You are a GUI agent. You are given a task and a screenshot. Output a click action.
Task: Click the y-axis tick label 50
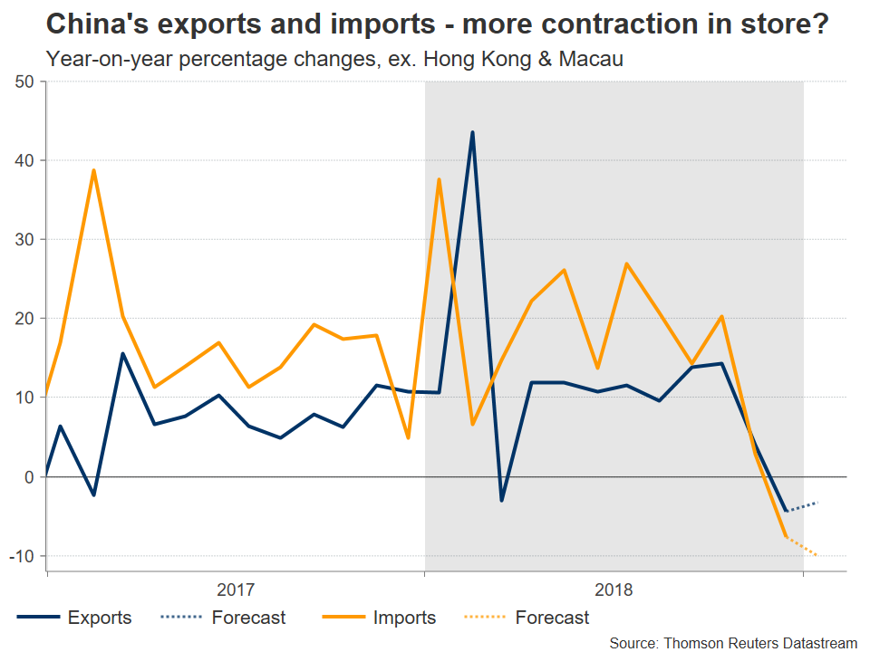[x=24, y=82]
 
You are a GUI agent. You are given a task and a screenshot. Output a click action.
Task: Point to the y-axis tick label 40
[x=24, y=161]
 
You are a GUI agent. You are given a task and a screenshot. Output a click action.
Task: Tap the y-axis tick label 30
[x=24, y=240]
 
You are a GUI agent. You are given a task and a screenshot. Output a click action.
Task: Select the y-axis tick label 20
[x=24, y=319]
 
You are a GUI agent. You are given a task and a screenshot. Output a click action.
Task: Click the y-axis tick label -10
[x=22, y=555]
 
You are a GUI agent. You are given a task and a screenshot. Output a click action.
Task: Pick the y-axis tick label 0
[x=29, y=476]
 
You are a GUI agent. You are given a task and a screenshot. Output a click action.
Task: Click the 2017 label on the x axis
[x=236, y=590]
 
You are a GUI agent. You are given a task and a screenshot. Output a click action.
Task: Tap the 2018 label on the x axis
[x=614, y=590]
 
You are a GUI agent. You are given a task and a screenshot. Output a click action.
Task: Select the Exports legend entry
[x=99, y=618]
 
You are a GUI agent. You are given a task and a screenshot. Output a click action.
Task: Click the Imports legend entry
[x=404, y=618]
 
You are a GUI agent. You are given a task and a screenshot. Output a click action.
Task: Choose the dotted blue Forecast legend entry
[x=248, y=618]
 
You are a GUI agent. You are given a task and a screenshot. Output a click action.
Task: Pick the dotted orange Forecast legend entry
[x=552, y=618]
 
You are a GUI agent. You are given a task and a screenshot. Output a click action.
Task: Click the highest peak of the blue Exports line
[x=472, y=133]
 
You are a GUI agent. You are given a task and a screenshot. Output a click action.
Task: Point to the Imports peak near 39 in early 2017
[x=93, y=170]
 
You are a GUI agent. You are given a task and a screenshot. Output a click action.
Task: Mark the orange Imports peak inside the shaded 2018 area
[x=440, y=179]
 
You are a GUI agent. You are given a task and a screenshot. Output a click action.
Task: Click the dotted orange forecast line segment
[x=802, y=546]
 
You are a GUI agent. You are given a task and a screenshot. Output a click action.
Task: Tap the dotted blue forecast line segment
[x=802, y=506]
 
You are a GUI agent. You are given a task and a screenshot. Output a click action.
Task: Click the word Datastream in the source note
[x=813, y=642]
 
